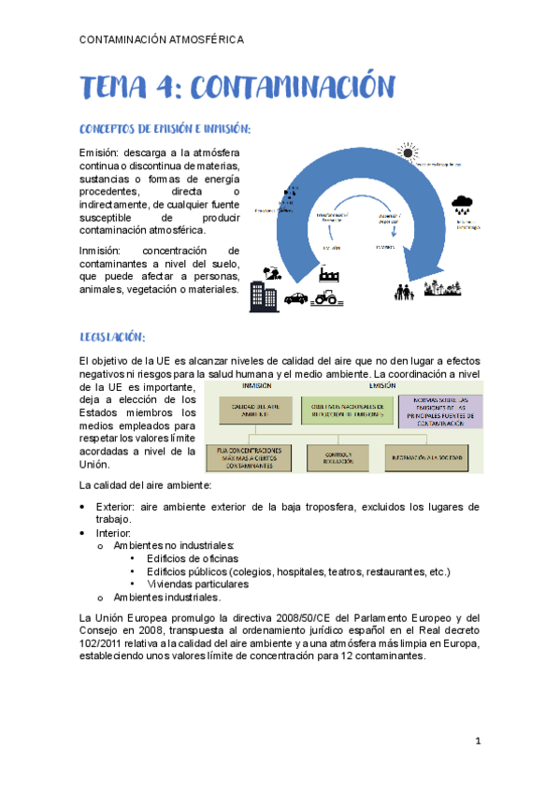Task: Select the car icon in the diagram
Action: click(x=295, y=298)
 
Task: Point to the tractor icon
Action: click(x=326, y=297)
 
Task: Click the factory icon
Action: click(x=328, y=275)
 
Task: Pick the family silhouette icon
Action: click(x=405, y=292)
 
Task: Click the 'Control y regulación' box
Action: click(x=339, y=457)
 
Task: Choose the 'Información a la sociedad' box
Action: click(x=433, y=457)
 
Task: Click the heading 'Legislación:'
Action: click(x=113, y=338)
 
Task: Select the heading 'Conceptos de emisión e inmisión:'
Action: click(x=165, y=128)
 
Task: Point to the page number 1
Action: click(x=477, y=742)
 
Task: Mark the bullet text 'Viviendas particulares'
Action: click(x=197, y=584)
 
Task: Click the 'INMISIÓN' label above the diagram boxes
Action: click(x=257, y=384)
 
